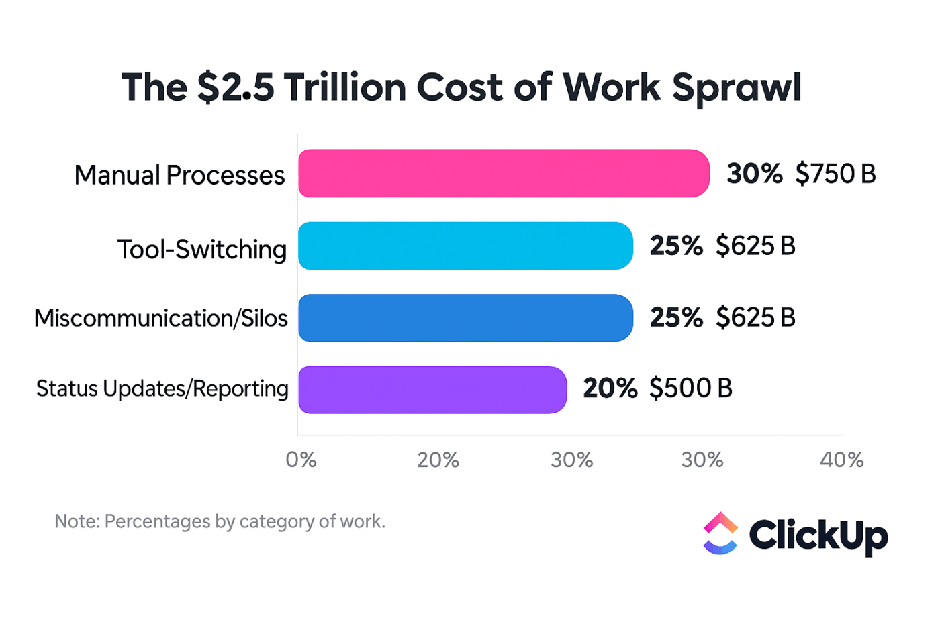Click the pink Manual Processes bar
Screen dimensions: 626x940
(x=504, y=173)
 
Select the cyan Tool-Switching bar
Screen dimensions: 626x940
(x=465, y=246)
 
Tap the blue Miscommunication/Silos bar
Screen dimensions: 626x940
(x=465, y=317)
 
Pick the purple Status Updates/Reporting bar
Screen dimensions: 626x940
(x=432, y=389)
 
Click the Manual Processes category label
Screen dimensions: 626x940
(x=179, y=175)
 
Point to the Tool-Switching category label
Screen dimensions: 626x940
(x=201, y=249)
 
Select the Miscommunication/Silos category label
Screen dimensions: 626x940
(x=160, y=318)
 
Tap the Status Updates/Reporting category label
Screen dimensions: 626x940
(x=162, y=388)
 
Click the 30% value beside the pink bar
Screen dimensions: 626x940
(x=754, y=174)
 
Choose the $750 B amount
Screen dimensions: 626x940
(x=835, y=174)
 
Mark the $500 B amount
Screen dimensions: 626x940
(x=690, y=388)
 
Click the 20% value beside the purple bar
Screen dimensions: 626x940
(x=610, y=388)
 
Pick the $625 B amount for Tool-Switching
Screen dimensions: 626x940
(x=755, y=246)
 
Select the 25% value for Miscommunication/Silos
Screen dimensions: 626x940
(x=676, y=317)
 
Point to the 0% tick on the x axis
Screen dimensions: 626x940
(x=301, y=460)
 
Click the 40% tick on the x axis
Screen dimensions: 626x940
(x=841, y=460)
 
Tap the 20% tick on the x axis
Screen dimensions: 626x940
(x=438, y=460)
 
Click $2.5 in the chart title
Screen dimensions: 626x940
(x=236, y=88)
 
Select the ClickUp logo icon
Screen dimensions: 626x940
(x=720, y=533)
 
